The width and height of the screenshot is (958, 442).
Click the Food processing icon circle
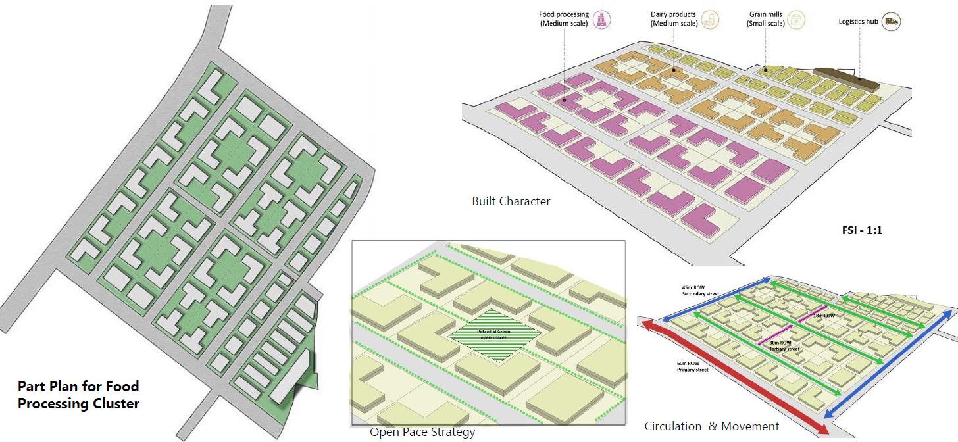point(599,20)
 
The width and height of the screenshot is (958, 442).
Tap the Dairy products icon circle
point(709,20)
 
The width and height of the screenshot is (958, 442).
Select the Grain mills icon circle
point(797,20)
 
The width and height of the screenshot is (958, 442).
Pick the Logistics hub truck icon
point(892,22)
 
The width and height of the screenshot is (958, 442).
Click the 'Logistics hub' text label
point(858,22)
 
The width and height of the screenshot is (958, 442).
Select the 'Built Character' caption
point(511,201)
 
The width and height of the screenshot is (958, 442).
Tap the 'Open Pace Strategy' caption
point(422,432)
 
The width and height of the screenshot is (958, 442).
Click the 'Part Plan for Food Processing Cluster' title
point(78,395)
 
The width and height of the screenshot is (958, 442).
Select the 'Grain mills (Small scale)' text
point(765,19)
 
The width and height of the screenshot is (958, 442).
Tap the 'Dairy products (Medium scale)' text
point(674,19)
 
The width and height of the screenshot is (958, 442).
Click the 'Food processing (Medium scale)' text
point(564,19)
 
